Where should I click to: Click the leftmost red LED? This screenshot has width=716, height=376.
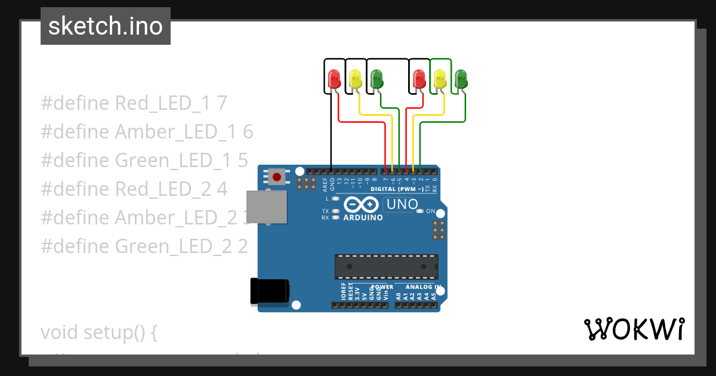click(x=334, y=79)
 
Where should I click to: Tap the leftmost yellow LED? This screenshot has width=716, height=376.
click(x=355, y=79)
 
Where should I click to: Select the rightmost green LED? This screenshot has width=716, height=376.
click(x=461, y=79)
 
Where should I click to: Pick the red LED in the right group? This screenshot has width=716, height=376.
click(x=419, y=79)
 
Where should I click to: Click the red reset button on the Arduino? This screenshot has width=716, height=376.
click(x=277, y=177)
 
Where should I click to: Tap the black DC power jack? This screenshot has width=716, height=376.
click(x=270, y=292)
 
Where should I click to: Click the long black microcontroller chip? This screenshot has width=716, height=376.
click(x=385, y=267)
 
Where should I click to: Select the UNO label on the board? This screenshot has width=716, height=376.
click(x=402, y=205)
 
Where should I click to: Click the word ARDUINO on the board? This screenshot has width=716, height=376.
click(x=363, y=218)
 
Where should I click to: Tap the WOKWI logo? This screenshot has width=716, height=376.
click(x=634, y=329)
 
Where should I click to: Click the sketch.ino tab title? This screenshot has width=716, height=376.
click(x=106, y=26)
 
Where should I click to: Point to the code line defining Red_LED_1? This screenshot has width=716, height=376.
click(x=134, y=103)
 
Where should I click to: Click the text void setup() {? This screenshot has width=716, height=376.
click(x=98, y=332)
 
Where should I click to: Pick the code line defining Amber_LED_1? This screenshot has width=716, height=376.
click(x=147, y=132)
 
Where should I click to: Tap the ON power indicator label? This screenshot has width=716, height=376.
click(x=430, y=211)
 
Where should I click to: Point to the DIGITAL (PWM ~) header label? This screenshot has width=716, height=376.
click(x=397, y=189)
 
